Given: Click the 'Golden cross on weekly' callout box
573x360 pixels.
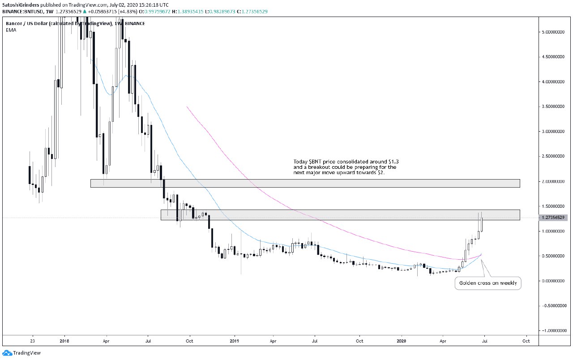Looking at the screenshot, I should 488,283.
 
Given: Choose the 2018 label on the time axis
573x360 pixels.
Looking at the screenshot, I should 64,340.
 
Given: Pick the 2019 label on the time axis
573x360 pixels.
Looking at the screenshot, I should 234,340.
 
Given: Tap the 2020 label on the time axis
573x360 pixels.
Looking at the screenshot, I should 402,340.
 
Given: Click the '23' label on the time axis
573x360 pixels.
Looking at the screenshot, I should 32,340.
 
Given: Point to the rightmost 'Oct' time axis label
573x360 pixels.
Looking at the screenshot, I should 526,340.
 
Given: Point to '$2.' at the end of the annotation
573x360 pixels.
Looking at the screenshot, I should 382,172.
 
